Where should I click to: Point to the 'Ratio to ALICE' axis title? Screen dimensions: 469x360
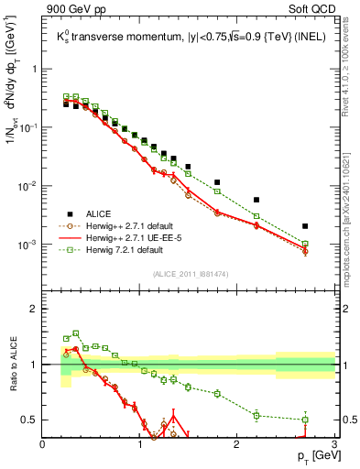click(13, 365)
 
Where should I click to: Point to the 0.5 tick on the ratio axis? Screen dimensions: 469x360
click(30, 420)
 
